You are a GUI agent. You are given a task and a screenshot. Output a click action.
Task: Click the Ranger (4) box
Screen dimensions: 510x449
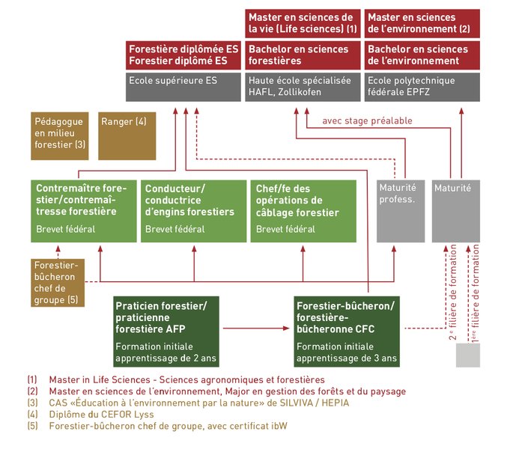click(127, 136)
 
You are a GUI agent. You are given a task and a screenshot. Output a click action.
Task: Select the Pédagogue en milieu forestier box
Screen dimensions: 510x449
click(59, 136)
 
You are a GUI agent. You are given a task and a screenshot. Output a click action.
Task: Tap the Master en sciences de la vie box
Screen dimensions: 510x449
click(303, 23)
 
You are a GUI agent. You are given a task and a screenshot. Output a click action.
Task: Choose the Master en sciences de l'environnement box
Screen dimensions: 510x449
click(422, 23)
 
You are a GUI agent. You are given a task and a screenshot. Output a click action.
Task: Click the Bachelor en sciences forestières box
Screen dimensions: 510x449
click(303, 55)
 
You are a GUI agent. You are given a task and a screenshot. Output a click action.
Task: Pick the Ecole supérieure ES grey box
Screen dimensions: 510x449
click(183, 87)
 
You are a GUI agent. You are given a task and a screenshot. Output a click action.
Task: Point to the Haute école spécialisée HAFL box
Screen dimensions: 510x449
click(303, 87)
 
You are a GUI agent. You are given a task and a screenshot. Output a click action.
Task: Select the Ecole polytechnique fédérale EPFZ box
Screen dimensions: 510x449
click(422, 87)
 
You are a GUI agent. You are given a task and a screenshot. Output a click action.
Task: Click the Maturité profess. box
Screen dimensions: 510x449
click(401, 211)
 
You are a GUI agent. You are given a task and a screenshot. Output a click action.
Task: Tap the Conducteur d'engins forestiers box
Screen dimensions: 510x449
click(193, 211)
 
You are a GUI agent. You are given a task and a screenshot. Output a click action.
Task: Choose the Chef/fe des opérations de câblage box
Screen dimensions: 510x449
click(303, 211)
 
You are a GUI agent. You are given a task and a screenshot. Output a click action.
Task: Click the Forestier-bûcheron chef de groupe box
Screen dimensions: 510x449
click(58, 283)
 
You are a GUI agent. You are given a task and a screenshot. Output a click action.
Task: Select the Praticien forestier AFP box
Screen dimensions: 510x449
click(166, 332)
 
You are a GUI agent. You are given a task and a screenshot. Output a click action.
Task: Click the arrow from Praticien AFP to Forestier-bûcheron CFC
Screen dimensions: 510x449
click(256, 329)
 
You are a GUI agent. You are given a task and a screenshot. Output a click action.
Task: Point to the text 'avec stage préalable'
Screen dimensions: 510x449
click(367, 121)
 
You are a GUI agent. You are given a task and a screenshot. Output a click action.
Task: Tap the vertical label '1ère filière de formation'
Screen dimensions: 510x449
click(476, 293)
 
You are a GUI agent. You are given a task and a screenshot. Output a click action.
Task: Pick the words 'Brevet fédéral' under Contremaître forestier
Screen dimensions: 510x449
click(65, 229)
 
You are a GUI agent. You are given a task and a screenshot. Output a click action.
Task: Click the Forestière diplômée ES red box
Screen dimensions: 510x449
click(183, 55)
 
